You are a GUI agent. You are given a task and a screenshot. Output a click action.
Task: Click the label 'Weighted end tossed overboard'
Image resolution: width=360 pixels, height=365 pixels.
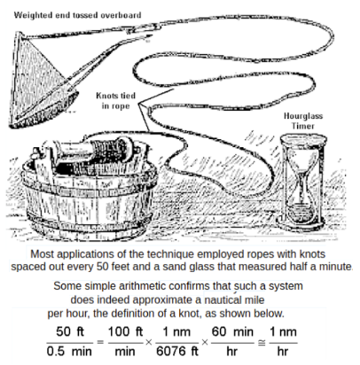click(x=77, y=15)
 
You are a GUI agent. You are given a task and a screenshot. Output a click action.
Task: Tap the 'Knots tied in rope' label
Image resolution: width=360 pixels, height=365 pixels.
click(x=115, y=101)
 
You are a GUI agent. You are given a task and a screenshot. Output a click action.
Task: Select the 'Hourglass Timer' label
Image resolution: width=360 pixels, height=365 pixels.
click(x=303, y=120)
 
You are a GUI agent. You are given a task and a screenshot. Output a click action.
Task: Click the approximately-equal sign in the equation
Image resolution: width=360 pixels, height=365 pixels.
click(x=262, y=343)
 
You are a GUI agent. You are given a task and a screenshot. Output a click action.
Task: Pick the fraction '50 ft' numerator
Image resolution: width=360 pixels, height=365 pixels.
click(x=70, y=331)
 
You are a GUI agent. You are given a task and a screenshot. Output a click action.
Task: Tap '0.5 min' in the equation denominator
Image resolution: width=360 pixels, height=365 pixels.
click(x=69, y=352)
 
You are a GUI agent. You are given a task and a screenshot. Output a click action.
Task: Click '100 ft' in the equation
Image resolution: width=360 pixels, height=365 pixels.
click(x=125, y=331)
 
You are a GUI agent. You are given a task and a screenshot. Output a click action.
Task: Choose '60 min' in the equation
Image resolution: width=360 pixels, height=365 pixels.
click(x=232, y=331)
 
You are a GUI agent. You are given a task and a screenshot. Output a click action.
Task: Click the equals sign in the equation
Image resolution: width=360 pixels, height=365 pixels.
click(x=100, y=343)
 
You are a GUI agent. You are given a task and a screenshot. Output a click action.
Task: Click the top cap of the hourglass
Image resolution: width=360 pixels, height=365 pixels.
click(x=303, y=137)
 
